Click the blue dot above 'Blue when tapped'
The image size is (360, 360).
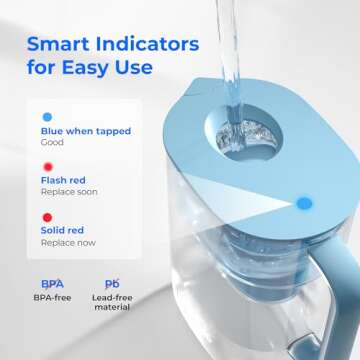(x=46, y=116)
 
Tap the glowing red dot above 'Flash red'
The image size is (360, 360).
(x=46, y=167)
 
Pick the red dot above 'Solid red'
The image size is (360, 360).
(x=46, y=217)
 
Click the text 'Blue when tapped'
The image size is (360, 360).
(x=85, y=131)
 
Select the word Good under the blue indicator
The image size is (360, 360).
(x=52, y=143)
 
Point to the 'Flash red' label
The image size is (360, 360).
(x=65, y=181)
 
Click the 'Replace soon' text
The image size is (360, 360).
(x=67, y=193)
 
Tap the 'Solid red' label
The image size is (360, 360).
(x=64, y=231)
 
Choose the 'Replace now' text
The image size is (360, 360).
(x=66, y=243)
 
